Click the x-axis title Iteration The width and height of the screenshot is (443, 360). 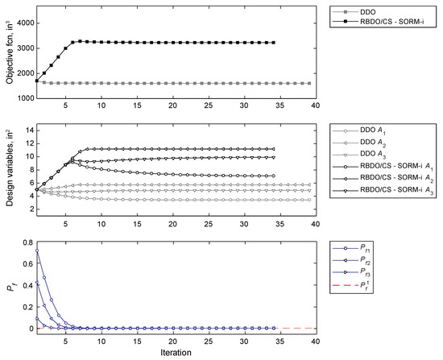tap(175, 354)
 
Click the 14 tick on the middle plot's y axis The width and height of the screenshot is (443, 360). tap(26, 130)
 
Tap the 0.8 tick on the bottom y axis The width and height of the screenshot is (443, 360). tap(24, 242)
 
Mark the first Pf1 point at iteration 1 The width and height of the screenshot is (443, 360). tap(36, 250)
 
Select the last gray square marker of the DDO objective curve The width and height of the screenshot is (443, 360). tap(309, 83)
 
